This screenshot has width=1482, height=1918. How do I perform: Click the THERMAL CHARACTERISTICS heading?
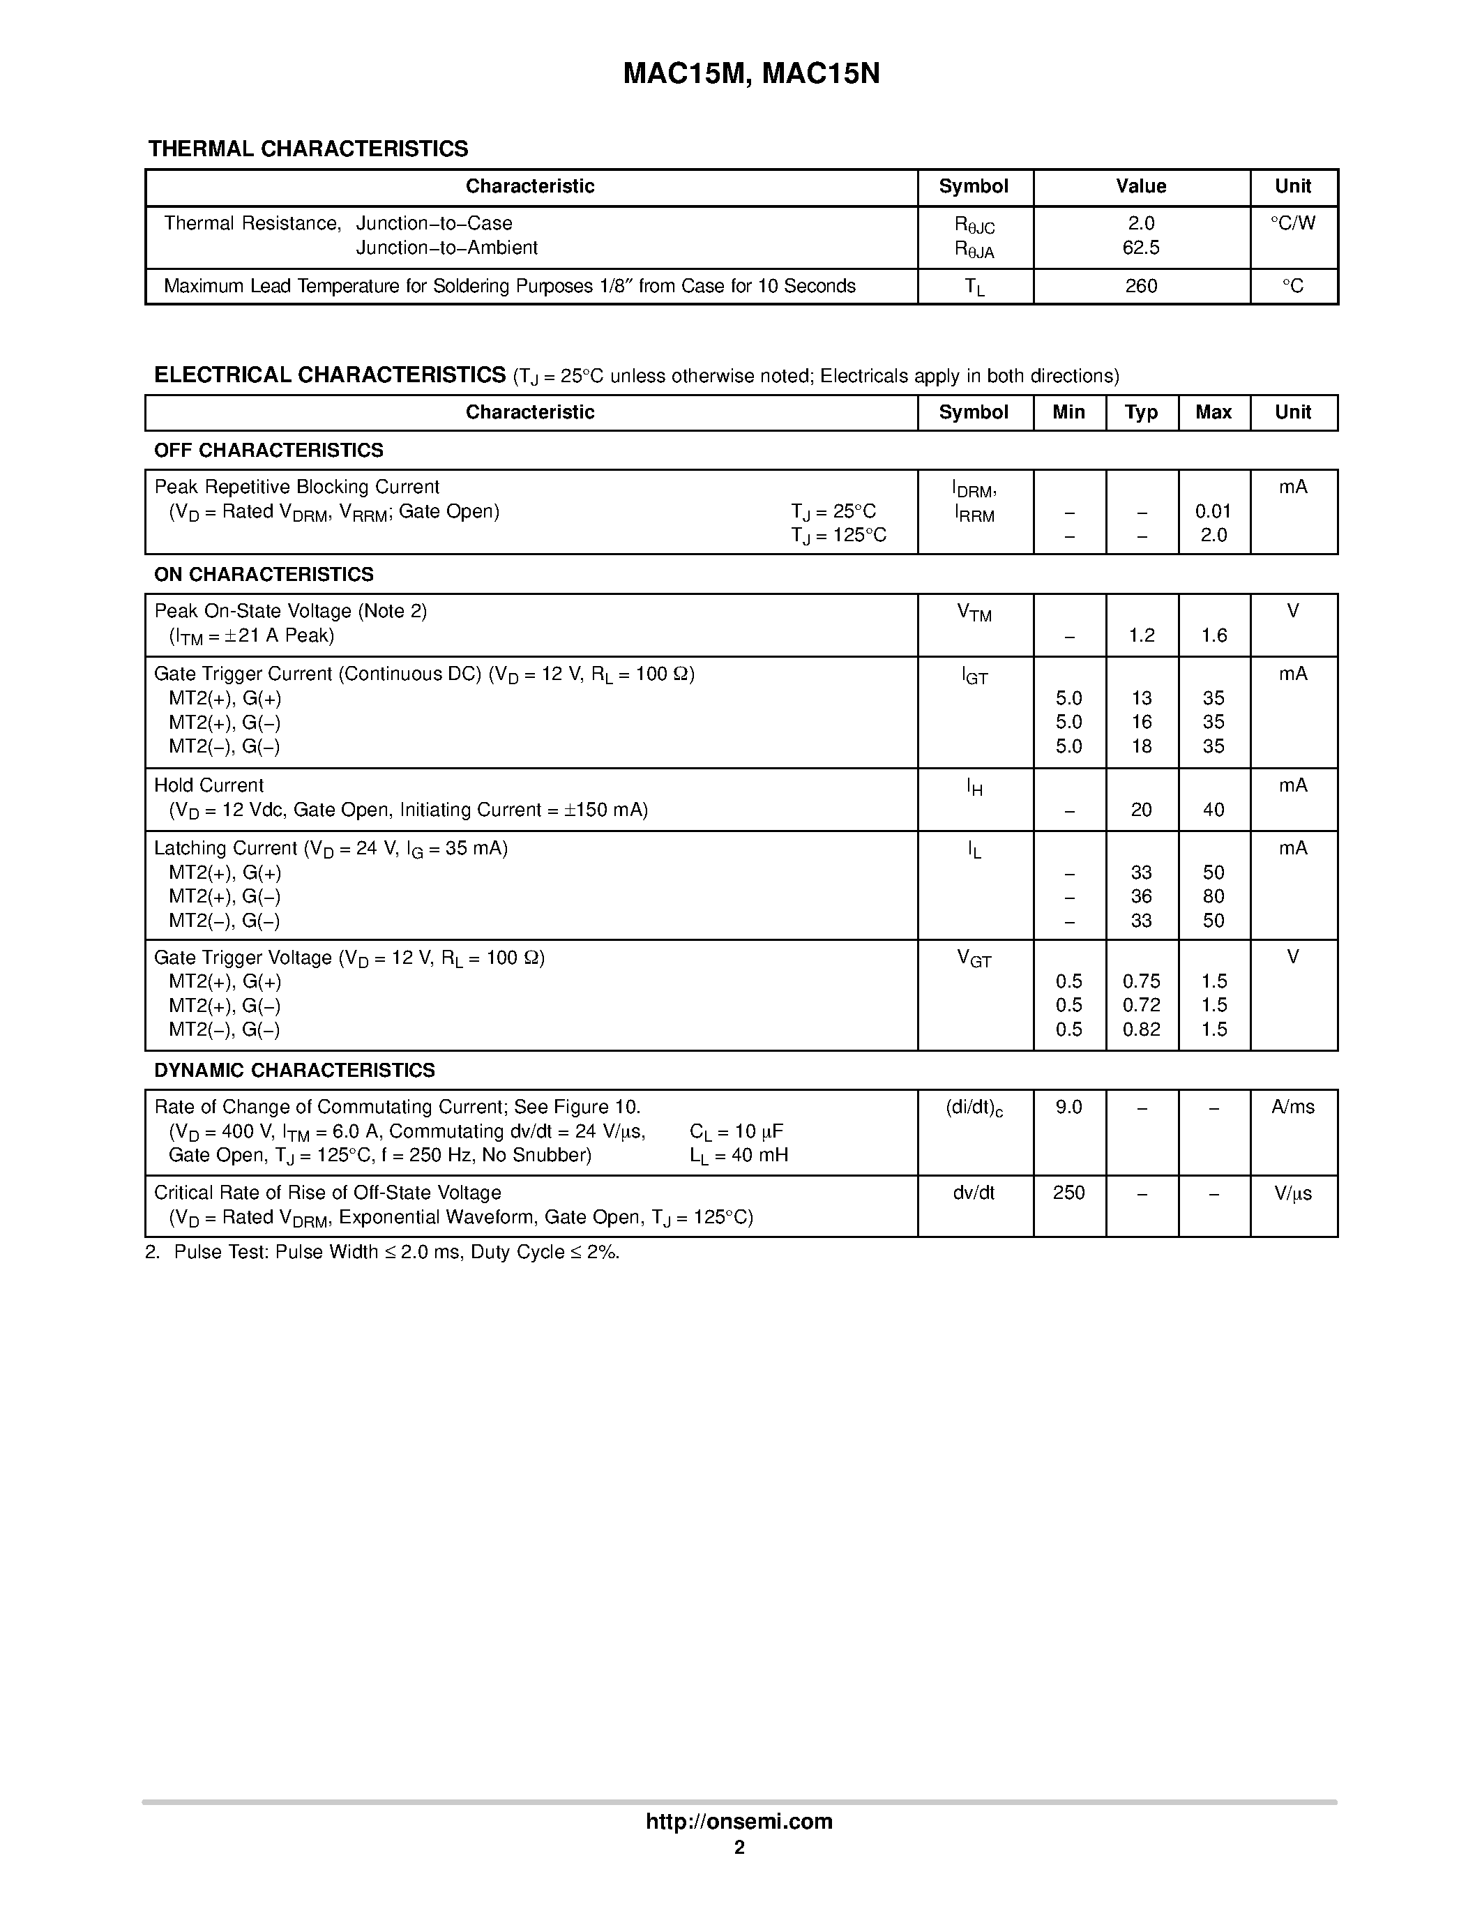click(x=308, y=149)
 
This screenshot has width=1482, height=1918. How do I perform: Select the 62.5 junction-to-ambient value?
click(x=1140, y=248)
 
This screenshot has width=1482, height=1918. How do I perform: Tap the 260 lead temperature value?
click(x=1140, y=286)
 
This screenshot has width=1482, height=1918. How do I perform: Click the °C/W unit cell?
click(x=1292, y=223)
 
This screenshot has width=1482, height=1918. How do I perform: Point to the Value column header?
click(x=1140, y=186)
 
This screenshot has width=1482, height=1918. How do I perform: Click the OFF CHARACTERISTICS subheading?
click(x=269, y=451)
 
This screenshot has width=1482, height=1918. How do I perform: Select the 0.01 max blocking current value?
click(x=1213, y=511)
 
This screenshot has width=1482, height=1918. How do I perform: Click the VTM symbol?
click(x=974, y=612)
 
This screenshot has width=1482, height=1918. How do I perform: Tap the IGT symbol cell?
click(x=974, y=677)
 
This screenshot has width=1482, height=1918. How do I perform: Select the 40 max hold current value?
click(x=1213, y=810)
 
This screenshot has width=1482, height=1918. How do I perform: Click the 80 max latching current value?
click(x=1213, y=897)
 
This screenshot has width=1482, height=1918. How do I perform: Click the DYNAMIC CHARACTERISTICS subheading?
click(x=294, y=1071)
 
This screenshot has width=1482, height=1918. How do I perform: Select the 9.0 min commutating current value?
click(x=1068, y=1108)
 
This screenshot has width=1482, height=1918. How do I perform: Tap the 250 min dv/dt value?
click(x=1068, y=1193)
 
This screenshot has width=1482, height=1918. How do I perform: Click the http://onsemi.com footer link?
click(x=739, y=1821)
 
